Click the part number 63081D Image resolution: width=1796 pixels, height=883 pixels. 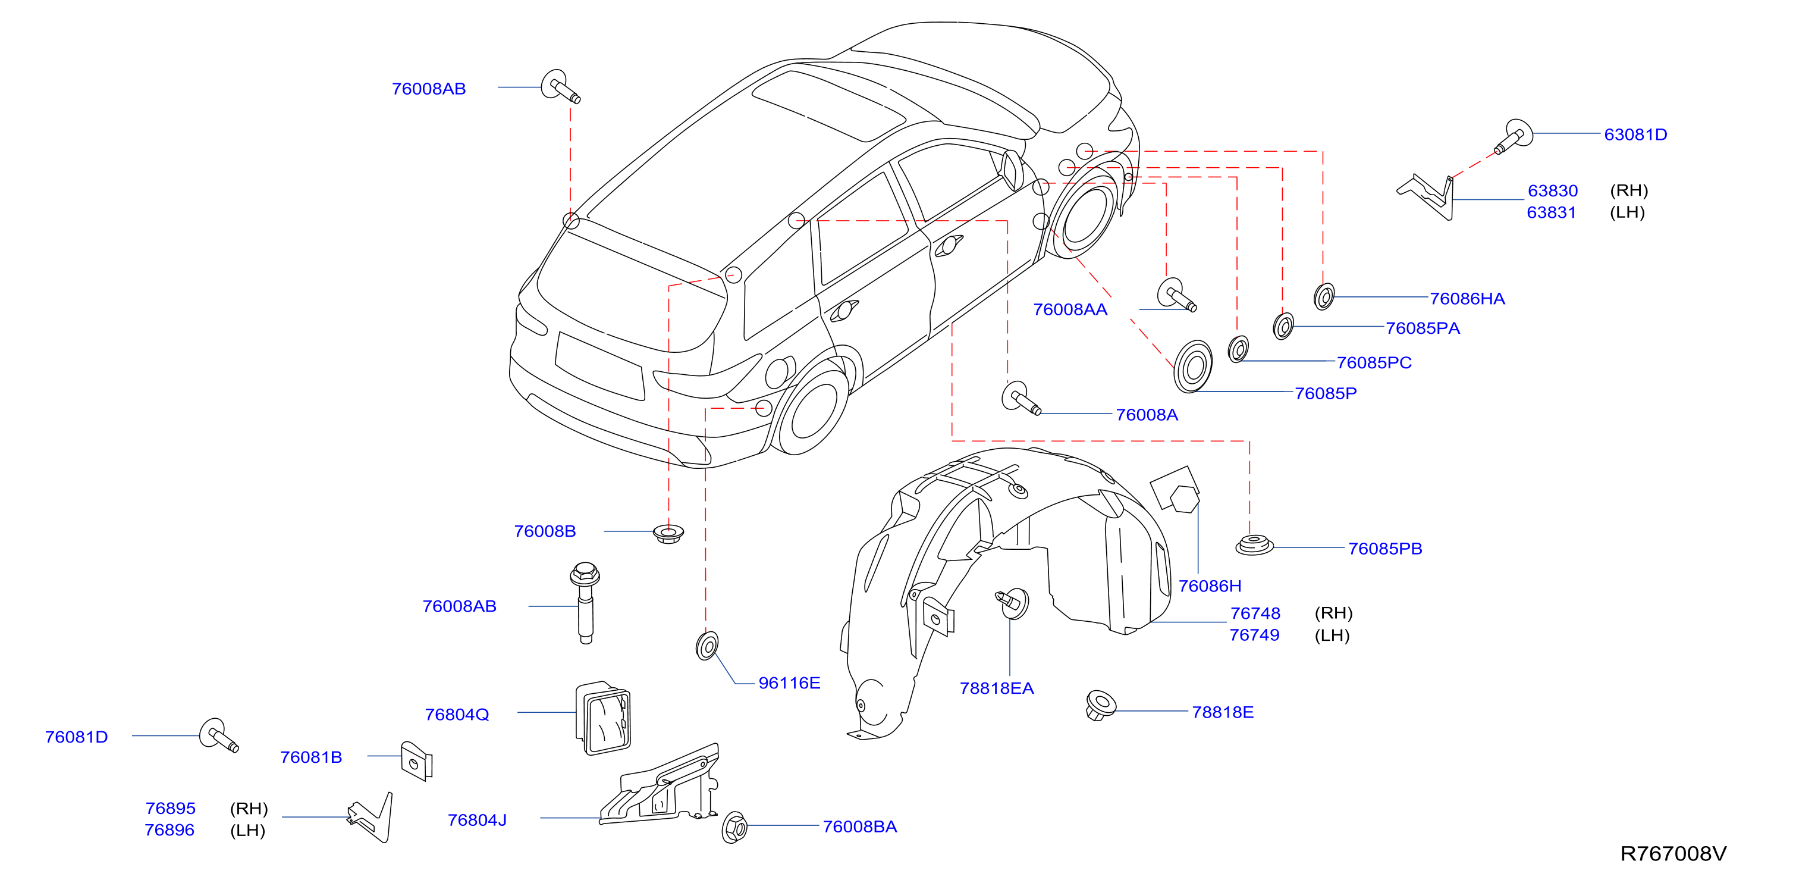[x=1635, y=134]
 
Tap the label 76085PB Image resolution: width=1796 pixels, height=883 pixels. [x=1384, y=549]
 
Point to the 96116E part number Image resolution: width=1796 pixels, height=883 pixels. [x=789, y=683]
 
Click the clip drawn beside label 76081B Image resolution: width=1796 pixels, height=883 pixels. [x=416, y=761]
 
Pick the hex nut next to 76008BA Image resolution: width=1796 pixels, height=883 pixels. [x=734, y=827]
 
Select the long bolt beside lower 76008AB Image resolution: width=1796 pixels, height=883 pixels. [x=585, y=603]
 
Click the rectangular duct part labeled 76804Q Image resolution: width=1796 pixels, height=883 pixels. [x=603, y=718]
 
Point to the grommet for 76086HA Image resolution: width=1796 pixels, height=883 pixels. [x=1323, y=296]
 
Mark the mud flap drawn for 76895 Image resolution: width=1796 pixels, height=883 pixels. [x=372, y=818]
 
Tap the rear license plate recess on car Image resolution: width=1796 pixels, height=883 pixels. [x=599, y=365]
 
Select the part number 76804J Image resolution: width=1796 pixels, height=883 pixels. [x=477, y=821]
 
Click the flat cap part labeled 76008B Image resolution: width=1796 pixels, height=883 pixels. [x=668, y=534]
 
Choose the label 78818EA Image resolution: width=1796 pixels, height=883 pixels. [x=996, y=688]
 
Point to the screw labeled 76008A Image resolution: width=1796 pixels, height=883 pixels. [x=1020, y=399]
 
